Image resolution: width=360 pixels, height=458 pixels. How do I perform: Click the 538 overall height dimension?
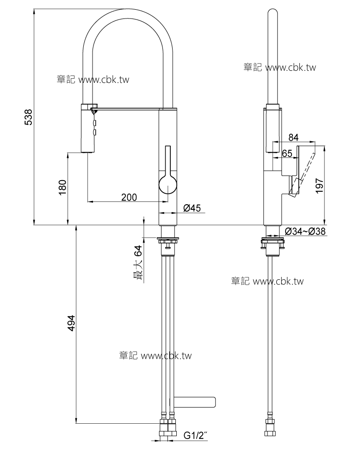28,117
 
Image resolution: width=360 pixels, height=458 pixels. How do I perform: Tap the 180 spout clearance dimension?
62,188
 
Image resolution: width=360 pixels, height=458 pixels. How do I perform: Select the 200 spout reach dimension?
129,197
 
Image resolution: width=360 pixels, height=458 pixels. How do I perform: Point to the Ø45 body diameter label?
192,207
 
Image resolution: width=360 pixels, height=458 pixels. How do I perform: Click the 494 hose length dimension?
71,323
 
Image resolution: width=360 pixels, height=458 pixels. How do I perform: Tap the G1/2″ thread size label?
195,435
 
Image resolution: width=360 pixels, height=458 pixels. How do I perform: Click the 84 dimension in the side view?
293,137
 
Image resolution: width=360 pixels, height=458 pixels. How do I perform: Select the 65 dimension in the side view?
287,153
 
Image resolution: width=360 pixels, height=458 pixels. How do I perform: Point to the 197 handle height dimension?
319,186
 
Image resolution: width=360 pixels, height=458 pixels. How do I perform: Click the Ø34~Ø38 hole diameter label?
305,232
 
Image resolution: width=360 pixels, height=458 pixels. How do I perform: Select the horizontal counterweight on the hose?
194,402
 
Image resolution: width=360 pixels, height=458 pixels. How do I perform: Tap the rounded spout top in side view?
273,13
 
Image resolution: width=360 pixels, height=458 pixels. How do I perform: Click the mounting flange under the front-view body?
168,240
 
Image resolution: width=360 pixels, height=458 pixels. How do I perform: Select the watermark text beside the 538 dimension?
93,80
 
